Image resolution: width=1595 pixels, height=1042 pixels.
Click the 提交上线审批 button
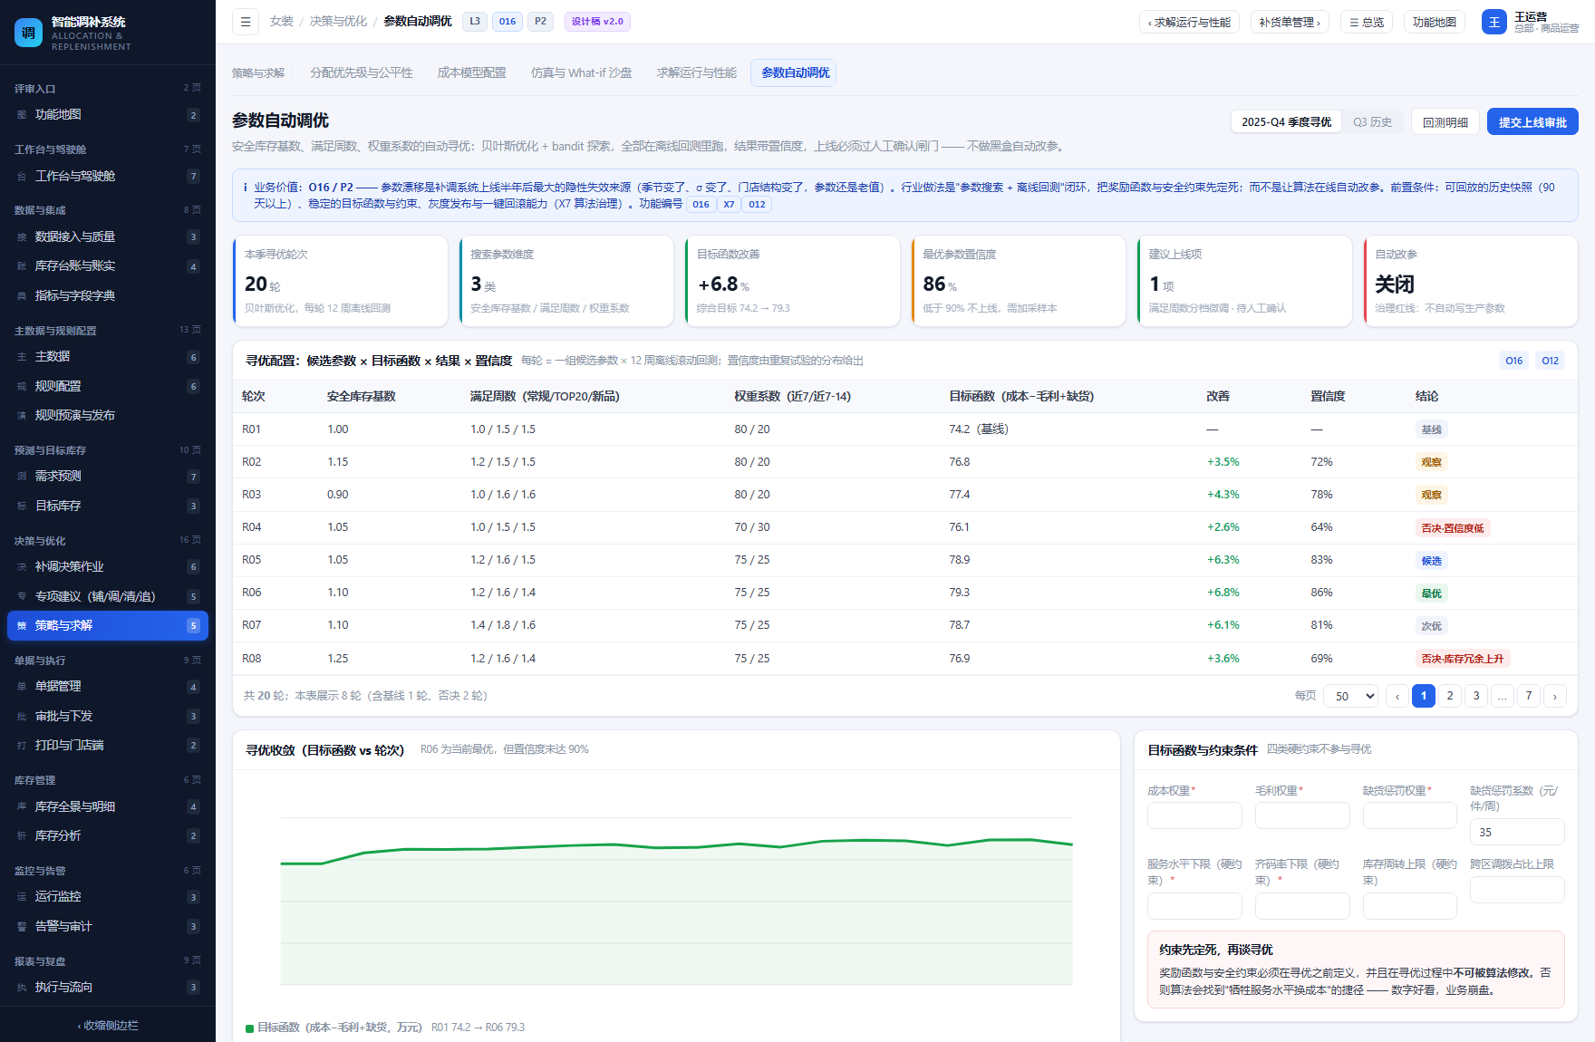[1532, 121]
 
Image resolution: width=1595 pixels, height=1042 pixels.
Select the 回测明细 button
[1445, 121]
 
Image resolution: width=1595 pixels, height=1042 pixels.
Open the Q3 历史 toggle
[1372, 121]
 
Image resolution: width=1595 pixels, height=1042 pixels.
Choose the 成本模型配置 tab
[471, 72]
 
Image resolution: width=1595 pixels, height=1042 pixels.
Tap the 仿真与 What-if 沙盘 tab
[582, 72]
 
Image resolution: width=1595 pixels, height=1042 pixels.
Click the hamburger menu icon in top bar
[246, 22]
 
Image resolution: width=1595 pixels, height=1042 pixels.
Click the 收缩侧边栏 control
[108, 1025]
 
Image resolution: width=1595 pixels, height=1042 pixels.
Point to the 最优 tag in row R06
[1431, 593]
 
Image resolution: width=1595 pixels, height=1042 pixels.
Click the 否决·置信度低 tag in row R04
[1453, 527]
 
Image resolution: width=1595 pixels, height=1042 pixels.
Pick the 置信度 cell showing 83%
[1321, 560]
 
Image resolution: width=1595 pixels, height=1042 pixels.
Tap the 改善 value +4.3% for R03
[1223, 495]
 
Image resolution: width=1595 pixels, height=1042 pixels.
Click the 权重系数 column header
[792, 396]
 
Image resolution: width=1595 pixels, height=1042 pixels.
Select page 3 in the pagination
[1476, 696]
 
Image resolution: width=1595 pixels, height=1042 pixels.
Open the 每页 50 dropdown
[1350, 696]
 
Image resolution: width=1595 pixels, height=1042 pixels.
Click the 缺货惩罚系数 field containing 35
[1517, 832]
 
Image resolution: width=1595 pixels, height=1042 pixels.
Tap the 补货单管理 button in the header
[1290, 22]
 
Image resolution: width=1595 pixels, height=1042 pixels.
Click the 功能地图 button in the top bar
[1435, 22]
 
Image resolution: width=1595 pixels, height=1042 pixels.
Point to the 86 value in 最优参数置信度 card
[934, 284]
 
